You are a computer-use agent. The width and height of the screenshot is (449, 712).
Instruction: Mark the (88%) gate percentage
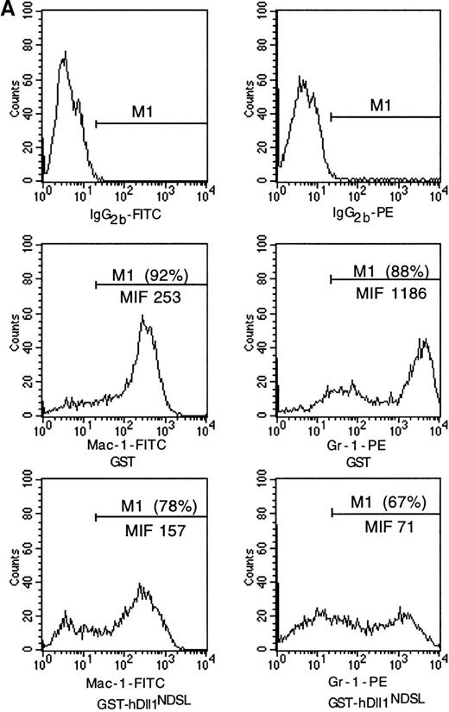(x=416, y=274)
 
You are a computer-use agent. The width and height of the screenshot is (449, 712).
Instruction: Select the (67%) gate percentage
(x=416, y=508)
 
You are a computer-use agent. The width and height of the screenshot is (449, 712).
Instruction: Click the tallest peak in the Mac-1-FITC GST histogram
(x=142, y=316)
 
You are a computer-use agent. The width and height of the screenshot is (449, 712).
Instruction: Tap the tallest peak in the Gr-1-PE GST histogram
(x=423, y=340)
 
